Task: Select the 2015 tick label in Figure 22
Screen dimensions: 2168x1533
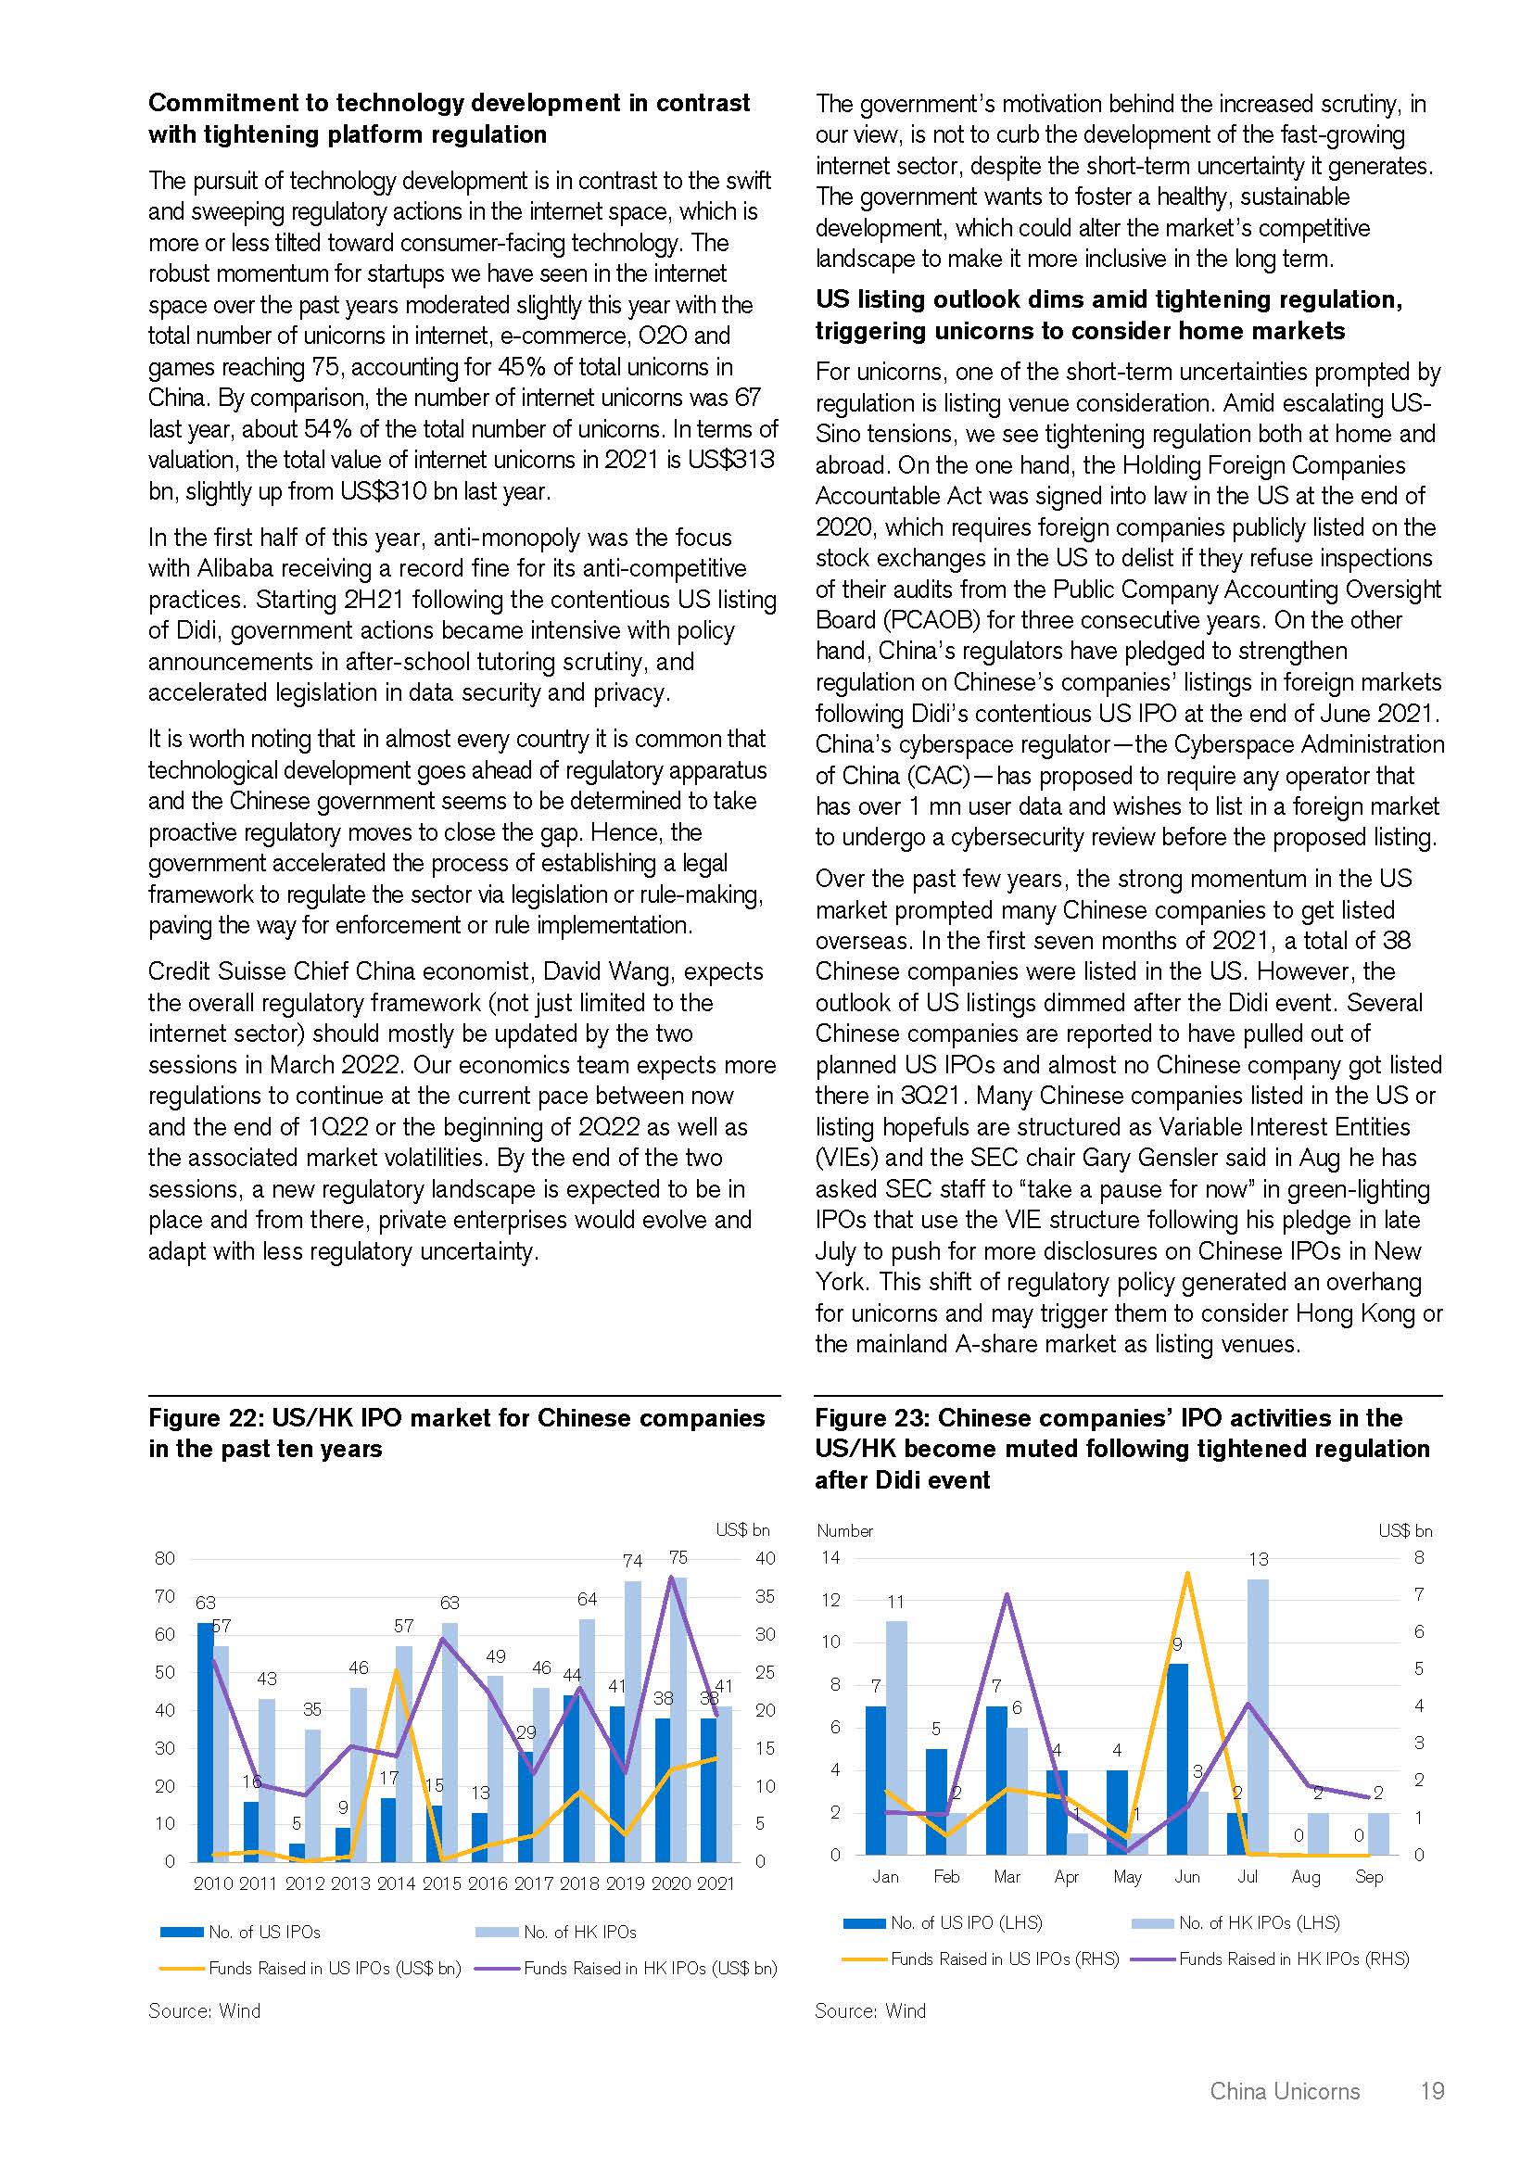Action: coord(441,1883)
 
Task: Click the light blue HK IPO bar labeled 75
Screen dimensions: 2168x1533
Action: coord(678,1718)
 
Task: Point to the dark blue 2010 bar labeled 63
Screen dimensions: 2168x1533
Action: coord(205,1743)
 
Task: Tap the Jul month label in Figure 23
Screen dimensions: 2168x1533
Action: coord(1247,1876)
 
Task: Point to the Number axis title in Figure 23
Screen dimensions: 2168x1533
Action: coord(844,1530)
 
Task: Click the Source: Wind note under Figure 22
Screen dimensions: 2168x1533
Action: coord(204,2010)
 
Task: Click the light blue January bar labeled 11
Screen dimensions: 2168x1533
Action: coord(896,1737)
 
